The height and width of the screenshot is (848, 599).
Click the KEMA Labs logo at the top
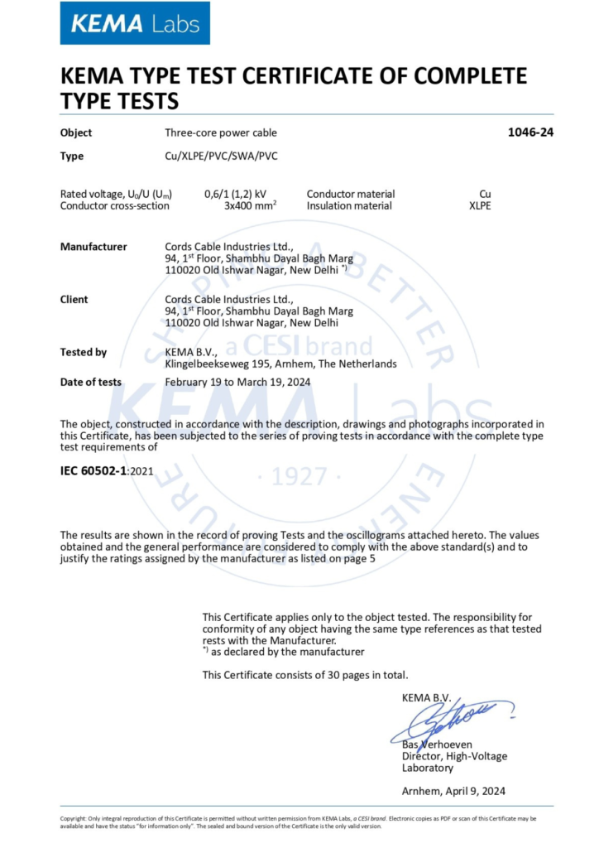[x=135, y=23]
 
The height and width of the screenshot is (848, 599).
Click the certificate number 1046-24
[x=530, y=132]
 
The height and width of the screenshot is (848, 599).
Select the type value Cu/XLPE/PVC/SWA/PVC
[x=221, y=156]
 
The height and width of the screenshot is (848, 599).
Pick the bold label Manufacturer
[x=93, y=247]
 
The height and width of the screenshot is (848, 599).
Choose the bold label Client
[x=74, y=299]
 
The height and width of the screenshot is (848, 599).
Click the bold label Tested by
[x=84, y=352]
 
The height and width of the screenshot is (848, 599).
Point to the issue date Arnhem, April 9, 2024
[x=453, y=791]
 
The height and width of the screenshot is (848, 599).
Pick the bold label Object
[x=76, y=132]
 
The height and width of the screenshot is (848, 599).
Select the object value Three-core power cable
[x=221, y=132]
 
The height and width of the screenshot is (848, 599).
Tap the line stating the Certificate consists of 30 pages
[x=304, y=675]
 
